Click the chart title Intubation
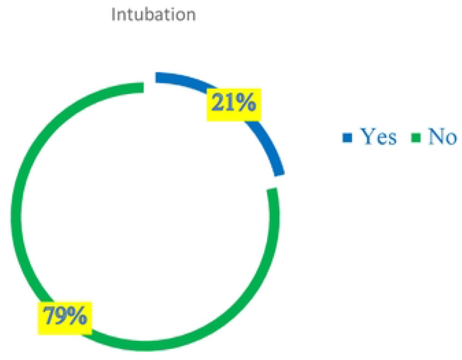[x=153, y=14]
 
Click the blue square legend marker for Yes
[x=347, y=137]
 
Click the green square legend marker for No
[x=416, y=138]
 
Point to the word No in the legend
[x=442, y=136]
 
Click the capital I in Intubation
[x=113, y=14]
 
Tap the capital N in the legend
[x=435, y=136]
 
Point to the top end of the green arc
[x=144, y=87]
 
